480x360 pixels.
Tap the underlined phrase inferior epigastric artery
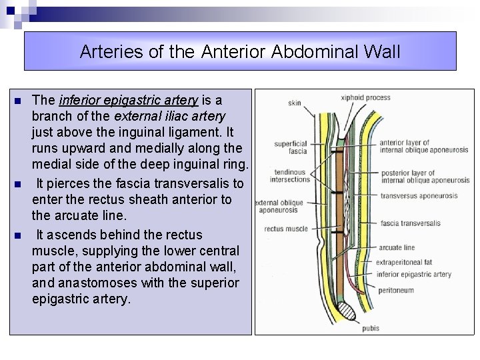[129, 101]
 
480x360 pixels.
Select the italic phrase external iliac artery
[169, 117]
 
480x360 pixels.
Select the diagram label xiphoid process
[365, 98]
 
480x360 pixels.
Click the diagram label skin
[294, 103]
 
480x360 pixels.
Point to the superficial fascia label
[291, 147]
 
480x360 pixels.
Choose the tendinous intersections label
[290, 175]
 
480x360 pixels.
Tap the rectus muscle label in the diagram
[286, 229]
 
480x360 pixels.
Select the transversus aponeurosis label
[419, 196]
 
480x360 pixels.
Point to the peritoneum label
[395, 291]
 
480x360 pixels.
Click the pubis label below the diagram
[371, 328]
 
